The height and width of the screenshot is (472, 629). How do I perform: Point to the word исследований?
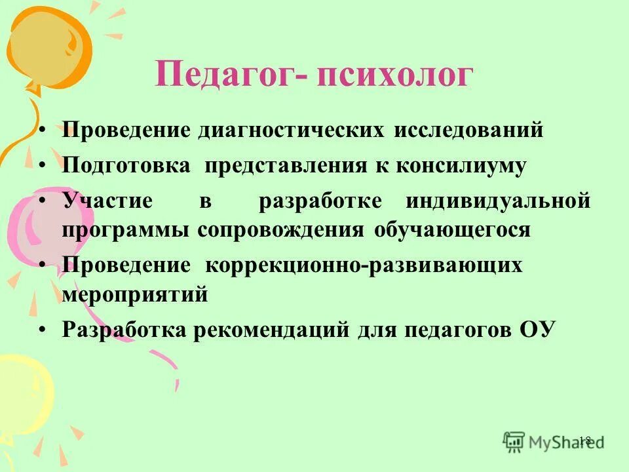pos(468,130)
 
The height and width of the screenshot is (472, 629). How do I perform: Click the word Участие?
pos(107,201)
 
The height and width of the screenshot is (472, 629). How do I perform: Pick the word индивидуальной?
pos(498,201)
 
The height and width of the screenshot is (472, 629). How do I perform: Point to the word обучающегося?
pos(453,231)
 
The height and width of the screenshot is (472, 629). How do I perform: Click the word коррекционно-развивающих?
pos(364,265)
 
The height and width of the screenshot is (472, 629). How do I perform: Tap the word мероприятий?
pos(135,295)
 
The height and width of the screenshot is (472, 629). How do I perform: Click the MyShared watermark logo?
pos(553,441)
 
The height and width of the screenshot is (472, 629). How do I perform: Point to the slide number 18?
pos(585,440)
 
